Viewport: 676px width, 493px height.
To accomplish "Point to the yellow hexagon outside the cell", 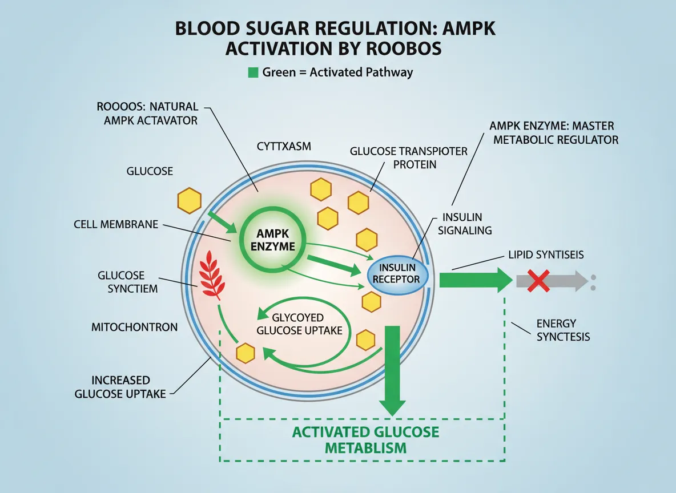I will pyautogui.click(x=189, y=201).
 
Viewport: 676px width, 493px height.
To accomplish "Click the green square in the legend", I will pyautogui.click(x=252, y=72).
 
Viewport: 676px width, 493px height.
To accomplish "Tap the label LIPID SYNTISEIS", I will pyautogui.click(x=546, y=255).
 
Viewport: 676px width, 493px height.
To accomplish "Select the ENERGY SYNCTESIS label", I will pyautogui.click(x=562, y=330).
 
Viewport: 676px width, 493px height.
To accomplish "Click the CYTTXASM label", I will pyautogui.click(x=284, y=147).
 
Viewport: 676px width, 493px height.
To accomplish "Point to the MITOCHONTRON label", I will pyautogui.click(x=134, y=328).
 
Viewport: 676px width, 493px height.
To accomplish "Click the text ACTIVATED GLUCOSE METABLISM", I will pyautogui.click(x=366, y=439).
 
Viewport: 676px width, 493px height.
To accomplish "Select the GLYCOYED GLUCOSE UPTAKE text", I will pyautogui.click(x=299, y=324).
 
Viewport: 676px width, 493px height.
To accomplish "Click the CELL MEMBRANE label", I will pyautogui.click(x=116, y=224).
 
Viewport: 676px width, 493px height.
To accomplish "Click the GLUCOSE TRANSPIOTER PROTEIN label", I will pyautogui.click(x=409, y=157).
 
